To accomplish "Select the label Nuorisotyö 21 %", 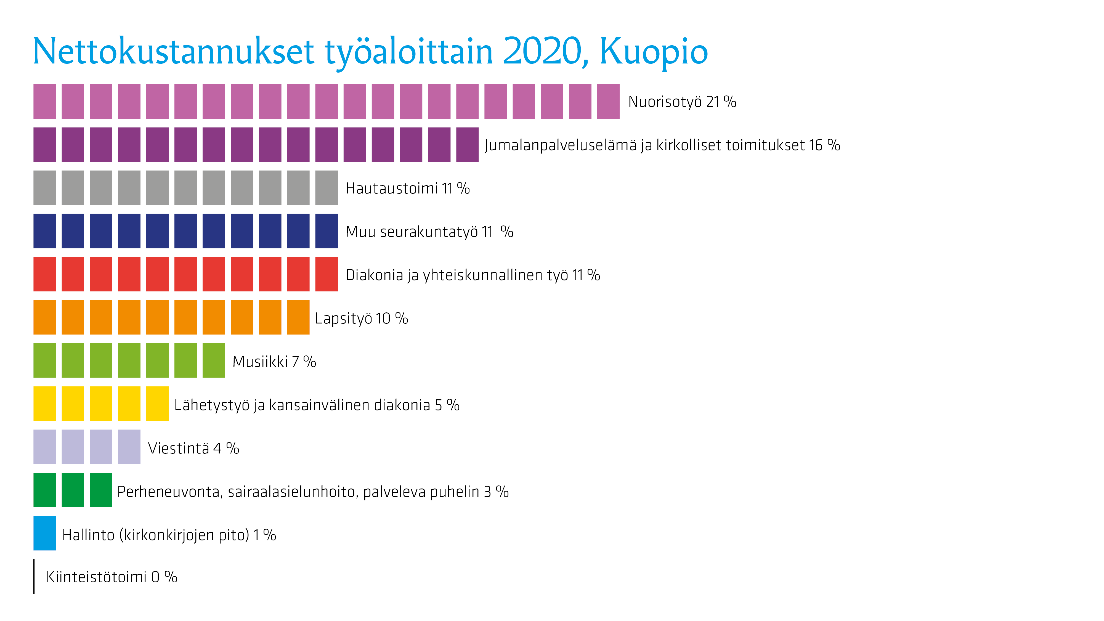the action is pyautogui.click(x=682, y=102).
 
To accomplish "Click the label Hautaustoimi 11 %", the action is pyautogui.click(x=408, y=189).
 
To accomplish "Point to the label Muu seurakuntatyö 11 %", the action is pyautogui.click(x=429, y=232).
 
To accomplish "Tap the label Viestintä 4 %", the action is pyautogui.click(x=193, y=448).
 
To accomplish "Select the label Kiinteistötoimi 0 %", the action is pyautogui.click(x=112, y=577).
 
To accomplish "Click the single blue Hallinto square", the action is pyautogui.click(x=44, y=533).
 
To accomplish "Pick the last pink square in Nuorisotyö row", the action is pyautogui.click(x=608, y=102).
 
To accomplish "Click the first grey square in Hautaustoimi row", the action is pyautogui.click(x=44, y=188).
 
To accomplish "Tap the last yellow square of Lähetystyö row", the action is pyautogui.click(x=157, y=404).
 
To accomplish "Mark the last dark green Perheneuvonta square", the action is pyautogui.click(x=101, y=490).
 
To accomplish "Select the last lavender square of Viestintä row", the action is pyautogui.click(x=129, y=447).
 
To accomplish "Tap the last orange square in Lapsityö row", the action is pyautogui.click(x=298, y=317).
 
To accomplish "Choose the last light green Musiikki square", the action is pyautogui.click(x=214, y=360).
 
